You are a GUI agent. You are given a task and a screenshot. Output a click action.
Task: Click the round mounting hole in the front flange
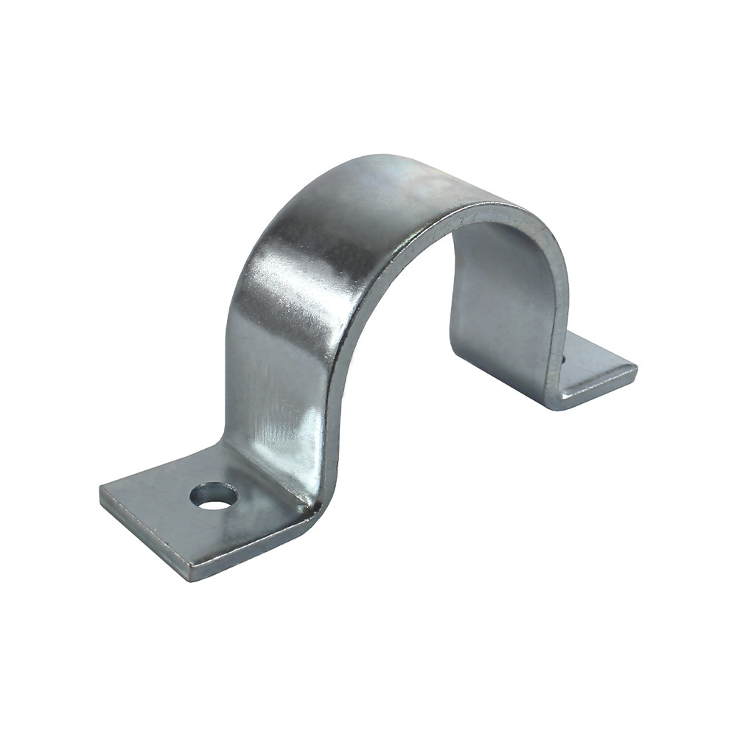[214, 495]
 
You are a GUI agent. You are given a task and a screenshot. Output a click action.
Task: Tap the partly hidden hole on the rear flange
[562, 360]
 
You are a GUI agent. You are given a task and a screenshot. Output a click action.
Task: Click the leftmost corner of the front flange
[101, 488]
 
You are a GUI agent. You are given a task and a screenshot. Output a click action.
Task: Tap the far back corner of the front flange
[221, 444]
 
